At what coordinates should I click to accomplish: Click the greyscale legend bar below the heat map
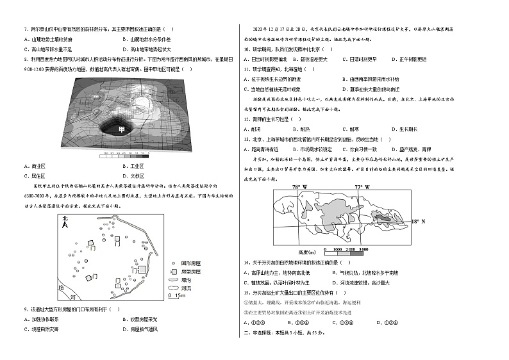(126, 154)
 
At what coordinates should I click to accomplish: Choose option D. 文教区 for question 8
(135, 174)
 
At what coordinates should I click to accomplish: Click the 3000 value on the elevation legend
(363, 248)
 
